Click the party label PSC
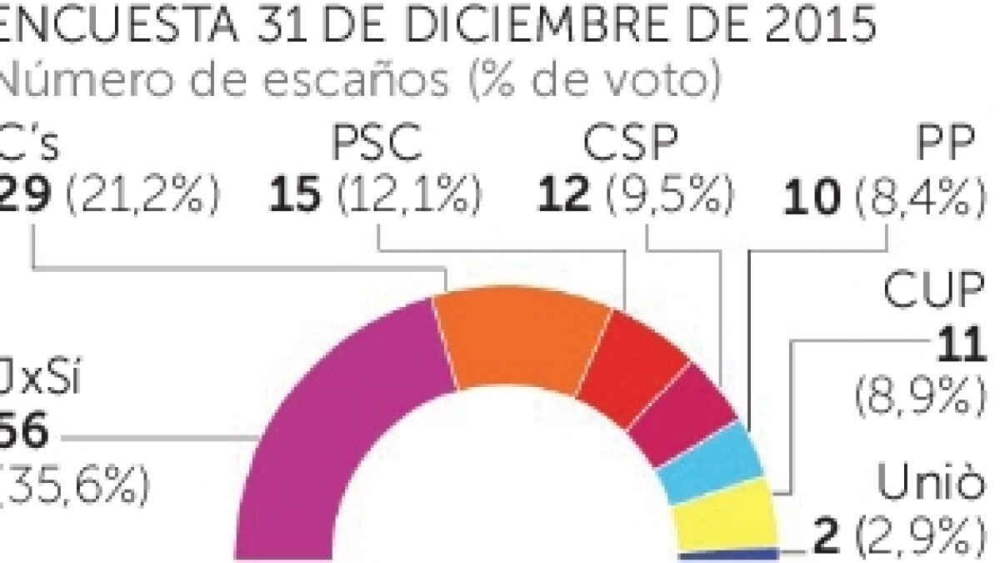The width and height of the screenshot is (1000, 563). (x=377, y=145)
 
